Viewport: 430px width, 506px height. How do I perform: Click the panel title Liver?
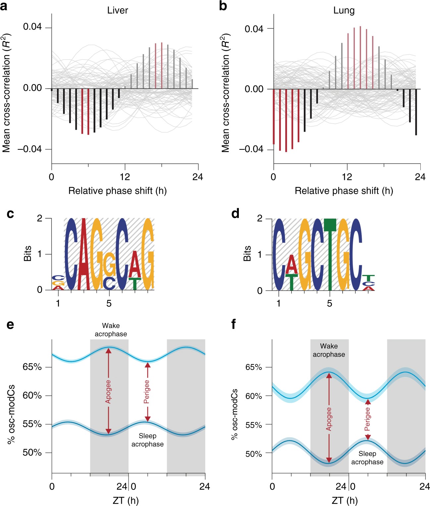click(x=118, y=10)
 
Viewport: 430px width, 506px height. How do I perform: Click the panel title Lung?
click(x=344, y=11)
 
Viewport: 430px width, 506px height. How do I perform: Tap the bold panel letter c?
click(x=10, y=214)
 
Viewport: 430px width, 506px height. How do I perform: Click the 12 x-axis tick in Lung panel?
click(x=347, y=177)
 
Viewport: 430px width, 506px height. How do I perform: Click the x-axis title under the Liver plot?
click(x=117, y=191)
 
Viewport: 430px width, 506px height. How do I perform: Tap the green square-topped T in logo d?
click(x=330, y=225)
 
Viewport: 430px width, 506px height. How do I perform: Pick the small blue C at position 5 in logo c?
click(x=109, y=283)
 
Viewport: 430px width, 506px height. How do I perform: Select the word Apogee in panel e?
click(x=108, y=391)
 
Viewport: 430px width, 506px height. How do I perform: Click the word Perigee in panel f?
click(x=367, y=419)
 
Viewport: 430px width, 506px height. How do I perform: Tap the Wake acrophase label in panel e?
click(x=111, y=330)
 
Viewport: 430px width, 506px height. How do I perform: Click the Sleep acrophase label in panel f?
click(x=367, y=458)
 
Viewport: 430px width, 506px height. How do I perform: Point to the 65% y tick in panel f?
click(x=254, y=367)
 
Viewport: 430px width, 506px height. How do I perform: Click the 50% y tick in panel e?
click(x=32, y=452)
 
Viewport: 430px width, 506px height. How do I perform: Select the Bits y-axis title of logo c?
click(x=27, y=253)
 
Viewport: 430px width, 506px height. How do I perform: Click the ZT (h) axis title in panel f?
click(x=345, y=500)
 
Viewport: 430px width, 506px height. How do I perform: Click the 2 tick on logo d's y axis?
click(x=260, y=218)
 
